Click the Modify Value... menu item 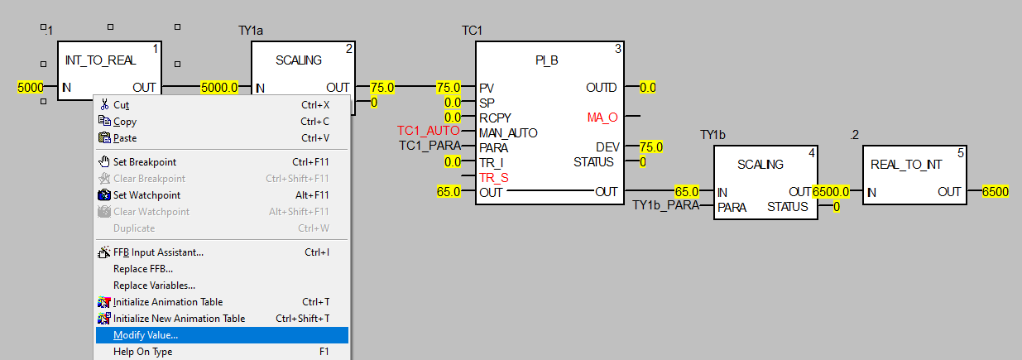click(x=146, y=335)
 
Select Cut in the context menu click(x=121, y=105)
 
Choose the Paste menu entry click(x=125, y=138)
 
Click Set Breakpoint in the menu click(x=145, y=162)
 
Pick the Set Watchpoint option click(x=146, y=195)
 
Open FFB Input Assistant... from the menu click(x=158, y=252)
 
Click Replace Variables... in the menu click(x=154, y=286)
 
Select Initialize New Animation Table click(x=179, y=319)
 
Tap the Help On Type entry click(x=142, y=352)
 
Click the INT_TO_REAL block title click(x=100, y=60)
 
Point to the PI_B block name click(x=548, y=61)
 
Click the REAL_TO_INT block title click(x=906, y=165)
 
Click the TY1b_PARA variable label click(x=665, y=205)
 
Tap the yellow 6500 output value click(x=996, y=192)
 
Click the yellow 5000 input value click(x=31, y=87)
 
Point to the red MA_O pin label click(x=602, y=118)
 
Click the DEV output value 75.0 click(x=651, y=147)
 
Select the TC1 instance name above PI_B click(x=472, y=31)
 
